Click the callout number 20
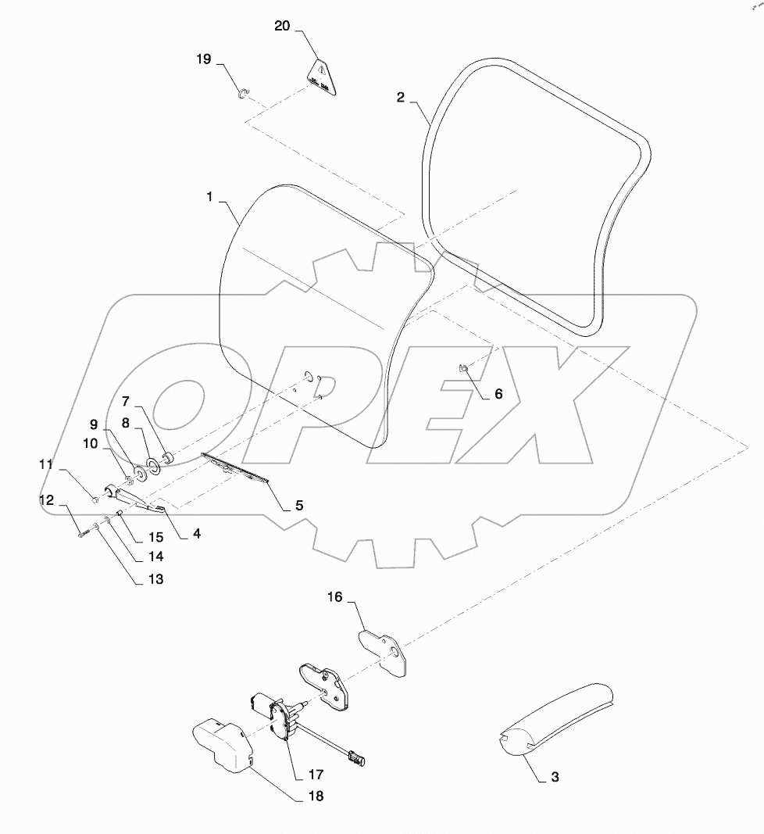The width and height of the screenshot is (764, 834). (x=282, y=26)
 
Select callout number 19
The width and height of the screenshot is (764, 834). (x=203, y=59)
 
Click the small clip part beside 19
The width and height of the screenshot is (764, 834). (x=242, y=95)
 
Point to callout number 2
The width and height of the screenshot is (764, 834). (x=400, y=98)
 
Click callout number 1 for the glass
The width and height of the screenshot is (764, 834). (x=209, y=197)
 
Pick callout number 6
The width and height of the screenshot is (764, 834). (x=498, y=394)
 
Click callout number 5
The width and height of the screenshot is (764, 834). (x=298, y=505)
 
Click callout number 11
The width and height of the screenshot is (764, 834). (x=46, y=465)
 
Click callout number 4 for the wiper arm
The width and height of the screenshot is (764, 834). (x=197, y=534)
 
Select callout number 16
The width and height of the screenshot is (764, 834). (x=334, y=596)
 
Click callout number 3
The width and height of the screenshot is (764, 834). (x=555, y=777)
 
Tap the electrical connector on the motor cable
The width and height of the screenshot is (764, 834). (x=357, y=757)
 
